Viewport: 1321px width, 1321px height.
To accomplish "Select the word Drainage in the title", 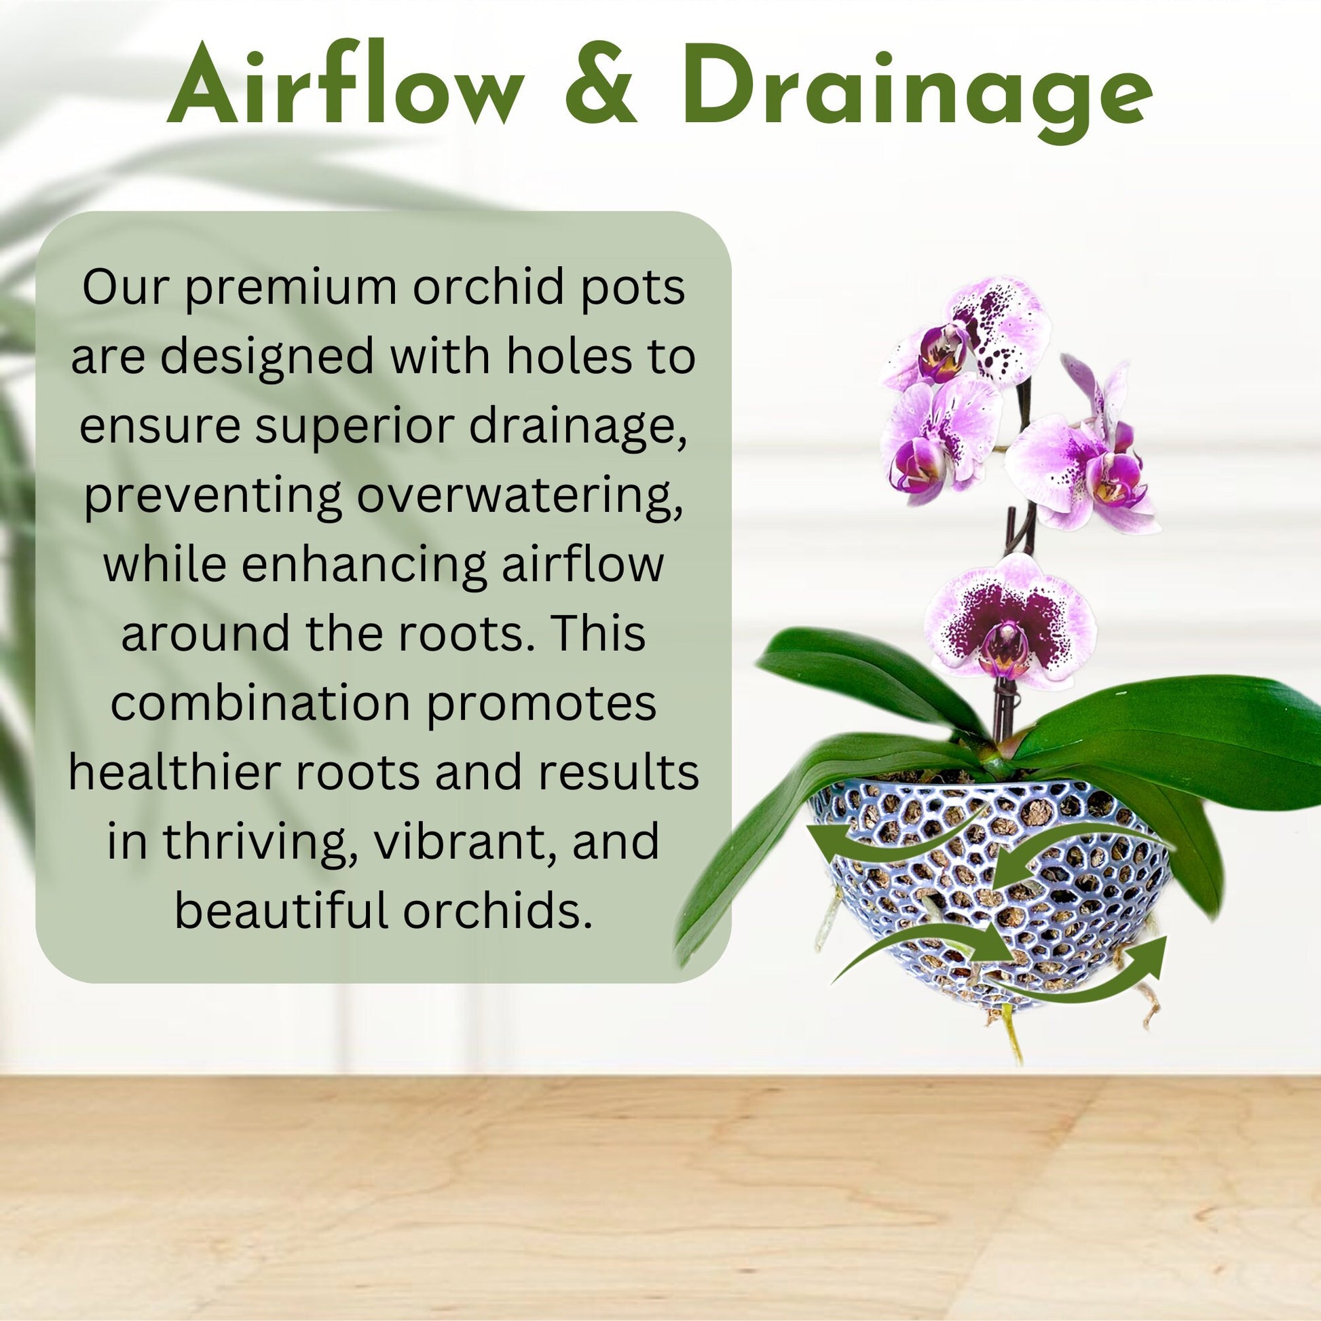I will (916, 92).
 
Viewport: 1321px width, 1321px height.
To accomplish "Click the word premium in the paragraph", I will (291, 289).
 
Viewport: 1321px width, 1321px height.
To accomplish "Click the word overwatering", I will (520, 496).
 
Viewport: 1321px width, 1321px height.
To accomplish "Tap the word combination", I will (260, 704).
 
